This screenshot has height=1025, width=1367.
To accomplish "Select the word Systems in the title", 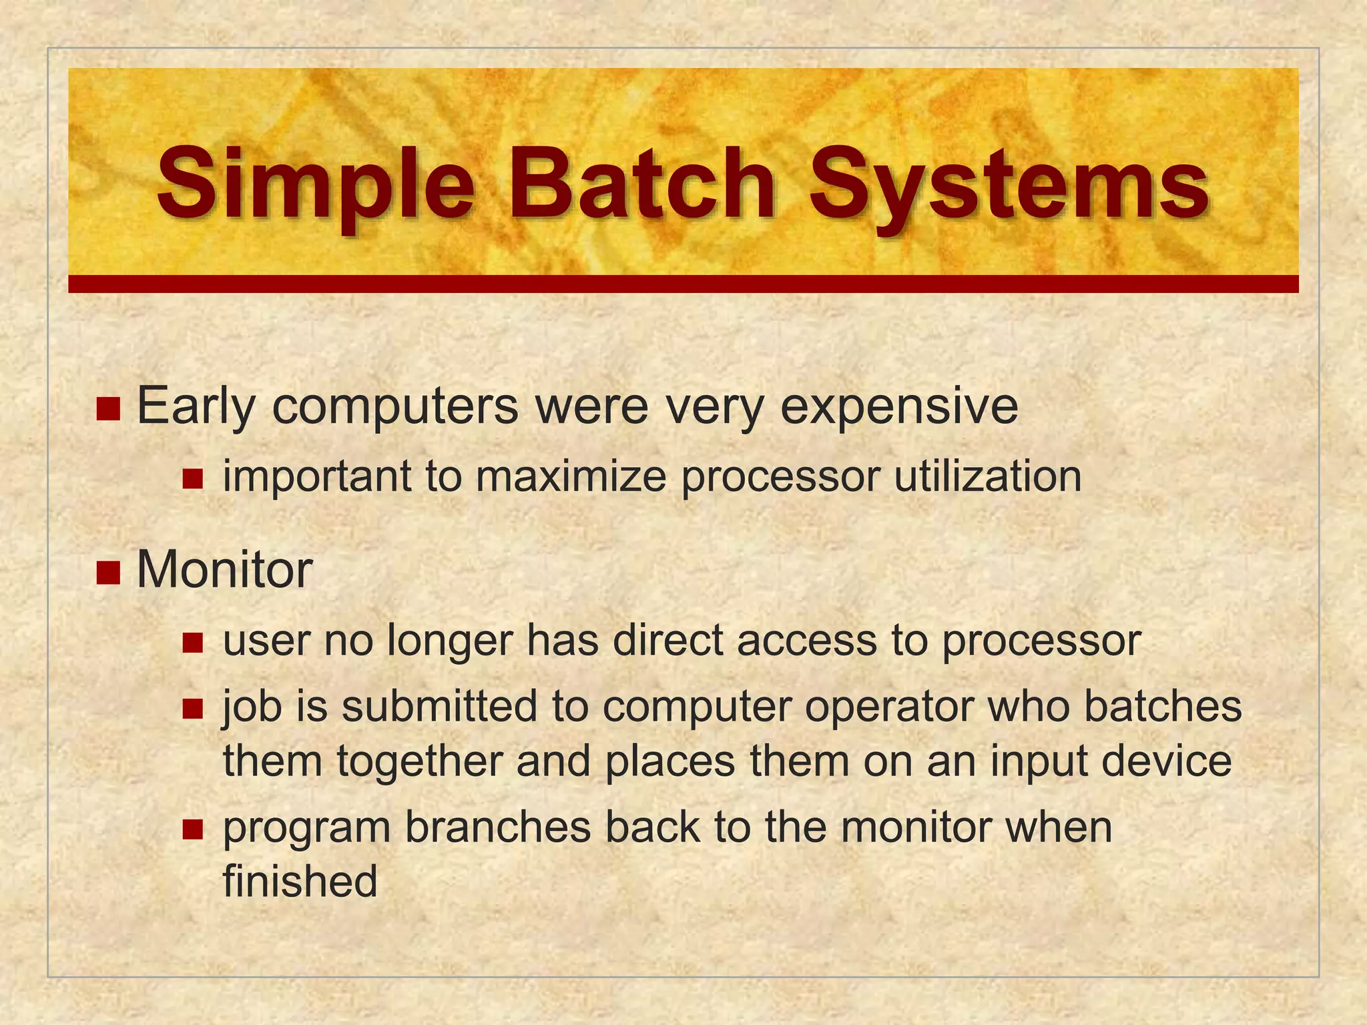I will point(1009,184).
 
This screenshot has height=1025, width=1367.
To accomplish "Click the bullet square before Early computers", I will point(107,408).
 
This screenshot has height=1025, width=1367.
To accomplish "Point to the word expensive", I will point(898,407).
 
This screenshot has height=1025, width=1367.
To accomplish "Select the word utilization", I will point(987,476).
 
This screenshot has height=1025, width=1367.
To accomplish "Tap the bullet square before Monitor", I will point(107,572).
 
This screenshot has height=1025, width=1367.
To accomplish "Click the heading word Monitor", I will point(224,571).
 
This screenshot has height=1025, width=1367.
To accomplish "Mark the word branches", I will point(498,827).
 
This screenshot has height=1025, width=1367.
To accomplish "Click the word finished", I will point(300,881).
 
